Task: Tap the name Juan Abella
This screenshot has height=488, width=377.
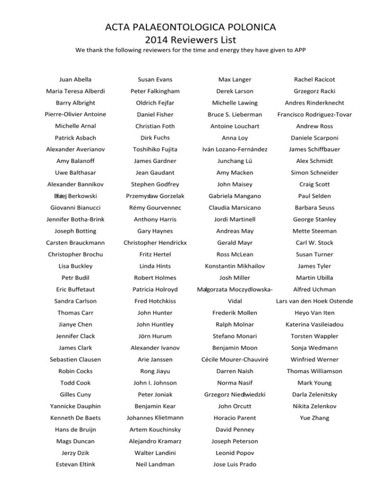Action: coord(75,79)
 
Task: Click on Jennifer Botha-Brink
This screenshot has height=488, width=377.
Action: coord(75,219)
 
